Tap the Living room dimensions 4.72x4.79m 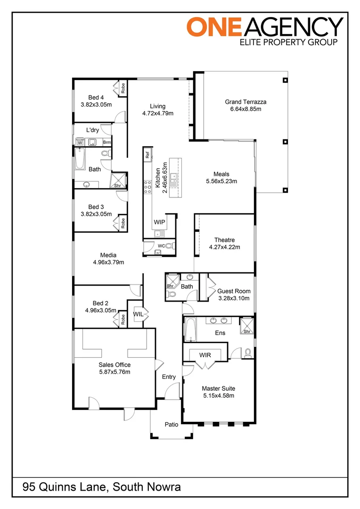(158, 114)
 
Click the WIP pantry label (159, 222)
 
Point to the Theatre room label (224, 240)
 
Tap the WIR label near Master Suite (205, 354)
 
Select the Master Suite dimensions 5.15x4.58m (218, 395)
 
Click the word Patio (172, 424)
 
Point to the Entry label (169, 377)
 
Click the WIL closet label (138, 313)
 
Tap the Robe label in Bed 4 (123, 88)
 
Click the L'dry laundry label (92, 130)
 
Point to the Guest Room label (234, 291)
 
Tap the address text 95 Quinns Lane (65, 487)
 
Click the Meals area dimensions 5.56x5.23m (221, 181)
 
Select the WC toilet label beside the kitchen (161, 246)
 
